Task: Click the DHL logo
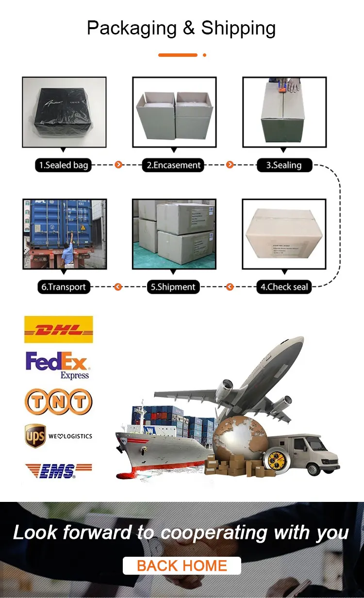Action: click(58, 330)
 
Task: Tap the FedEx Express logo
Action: click(57, 365)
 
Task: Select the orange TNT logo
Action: click(58, 401)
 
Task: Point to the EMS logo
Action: click(58, 470)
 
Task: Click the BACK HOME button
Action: click(182, 566)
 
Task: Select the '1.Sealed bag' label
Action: click(64, 165)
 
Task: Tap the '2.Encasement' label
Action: click(174, 165)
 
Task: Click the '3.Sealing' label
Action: click(284, 165)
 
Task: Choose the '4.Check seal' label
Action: click(284, 287)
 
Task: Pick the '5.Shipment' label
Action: click(173, 287)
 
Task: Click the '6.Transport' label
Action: click(63, 287)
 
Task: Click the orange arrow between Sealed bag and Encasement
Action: click(118, 165)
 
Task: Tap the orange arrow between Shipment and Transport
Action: click(117, 287)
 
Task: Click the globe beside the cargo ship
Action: click(238, 439)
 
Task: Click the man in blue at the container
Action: click(69, 249)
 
